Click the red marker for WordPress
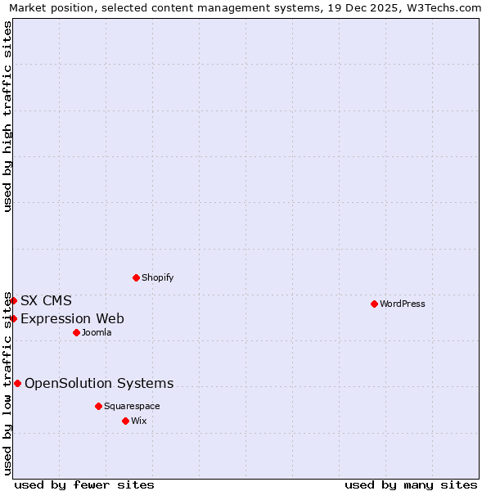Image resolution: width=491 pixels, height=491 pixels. [x=374, y=304]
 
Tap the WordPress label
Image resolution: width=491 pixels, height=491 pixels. [x=403, y=304]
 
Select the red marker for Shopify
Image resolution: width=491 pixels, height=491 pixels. [x=136, y=277]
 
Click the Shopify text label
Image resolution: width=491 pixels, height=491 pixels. [x=158, y=277]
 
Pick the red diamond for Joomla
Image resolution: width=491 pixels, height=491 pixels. [x=76, y=332]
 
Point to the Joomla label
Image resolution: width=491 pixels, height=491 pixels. [x=97, y=332]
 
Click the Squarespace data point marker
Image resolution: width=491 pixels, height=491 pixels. [x=98, y=406]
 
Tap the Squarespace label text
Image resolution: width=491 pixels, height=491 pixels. [x=132, y=406]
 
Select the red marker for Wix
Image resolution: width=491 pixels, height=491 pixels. [x=125, y=421]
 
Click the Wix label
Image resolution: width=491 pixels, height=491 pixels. [x=139, y=421]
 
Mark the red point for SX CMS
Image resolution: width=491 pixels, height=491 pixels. [x=13, y=300]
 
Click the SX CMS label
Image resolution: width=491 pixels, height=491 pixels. [x=46, y=300]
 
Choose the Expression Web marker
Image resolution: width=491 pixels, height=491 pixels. [x=14, y=318]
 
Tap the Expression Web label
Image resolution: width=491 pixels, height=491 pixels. [x=72, y=318]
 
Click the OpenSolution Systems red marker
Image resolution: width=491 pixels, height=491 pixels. [x=17, y=383]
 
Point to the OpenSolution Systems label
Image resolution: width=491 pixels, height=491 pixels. [x=99, y=383]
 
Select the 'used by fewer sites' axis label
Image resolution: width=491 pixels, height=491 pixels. [x=84, y=484]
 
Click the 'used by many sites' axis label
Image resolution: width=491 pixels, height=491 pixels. [x=411, y=484]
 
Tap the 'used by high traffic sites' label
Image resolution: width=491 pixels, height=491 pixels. [x=8, y=116]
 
